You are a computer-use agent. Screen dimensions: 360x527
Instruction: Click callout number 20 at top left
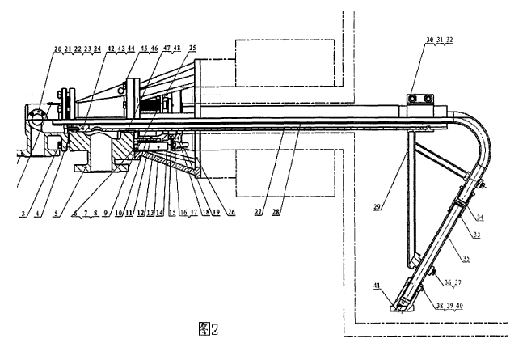point(57,49)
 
